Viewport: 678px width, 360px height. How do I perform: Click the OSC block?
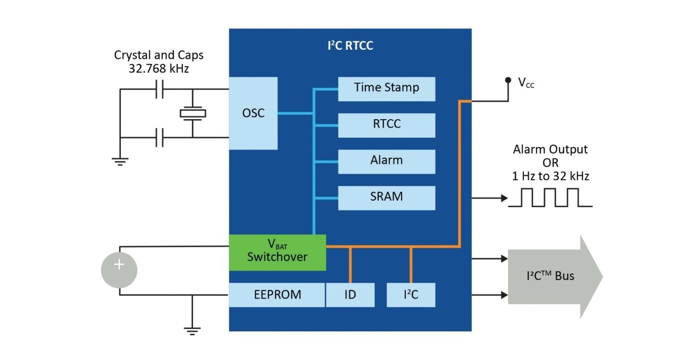[x=253, y=113]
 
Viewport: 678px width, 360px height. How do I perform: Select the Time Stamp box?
[x=387, y=88]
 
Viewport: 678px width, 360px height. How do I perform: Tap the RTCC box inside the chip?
[x=387, y=125]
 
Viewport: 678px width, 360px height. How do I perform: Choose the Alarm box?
[x=387, y=161]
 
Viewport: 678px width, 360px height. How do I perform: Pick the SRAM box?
[x=387, y=197]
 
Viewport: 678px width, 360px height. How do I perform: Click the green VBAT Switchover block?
[x=277, y=252]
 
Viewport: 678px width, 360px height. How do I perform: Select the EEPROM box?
[x=276, y=295]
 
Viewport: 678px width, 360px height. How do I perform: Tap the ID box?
[x=350, y=295]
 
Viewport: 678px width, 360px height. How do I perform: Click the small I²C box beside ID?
[x=411, y=295]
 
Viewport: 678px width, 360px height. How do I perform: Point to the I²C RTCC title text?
[x=350, y=46]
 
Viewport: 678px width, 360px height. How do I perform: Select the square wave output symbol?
[x=550, y=198]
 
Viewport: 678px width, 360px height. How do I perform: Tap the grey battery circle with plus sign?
[x=119, y=270]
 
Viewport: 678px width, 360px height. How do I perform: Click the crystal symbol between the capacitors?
[x=192, y=113]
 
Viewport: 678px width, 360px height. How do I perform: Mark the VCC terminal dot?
[x=508, y=80]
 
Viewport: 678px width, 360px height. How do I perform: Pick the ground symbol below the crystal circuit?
[x=120, y=160]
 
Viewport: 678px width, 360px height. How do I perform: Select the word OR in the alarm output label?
[x=550, y=163]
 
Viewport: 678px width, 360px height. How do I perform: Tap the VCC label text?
[x=526, y=83]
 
